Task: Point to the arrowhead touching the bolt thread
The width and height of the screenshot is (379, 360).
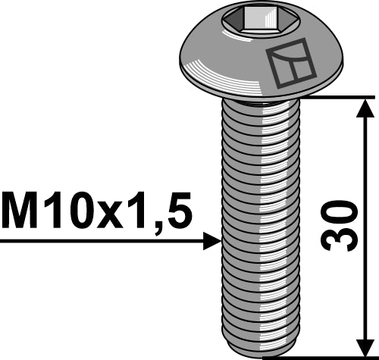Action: pyautogui.click(x=212, y=241)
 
